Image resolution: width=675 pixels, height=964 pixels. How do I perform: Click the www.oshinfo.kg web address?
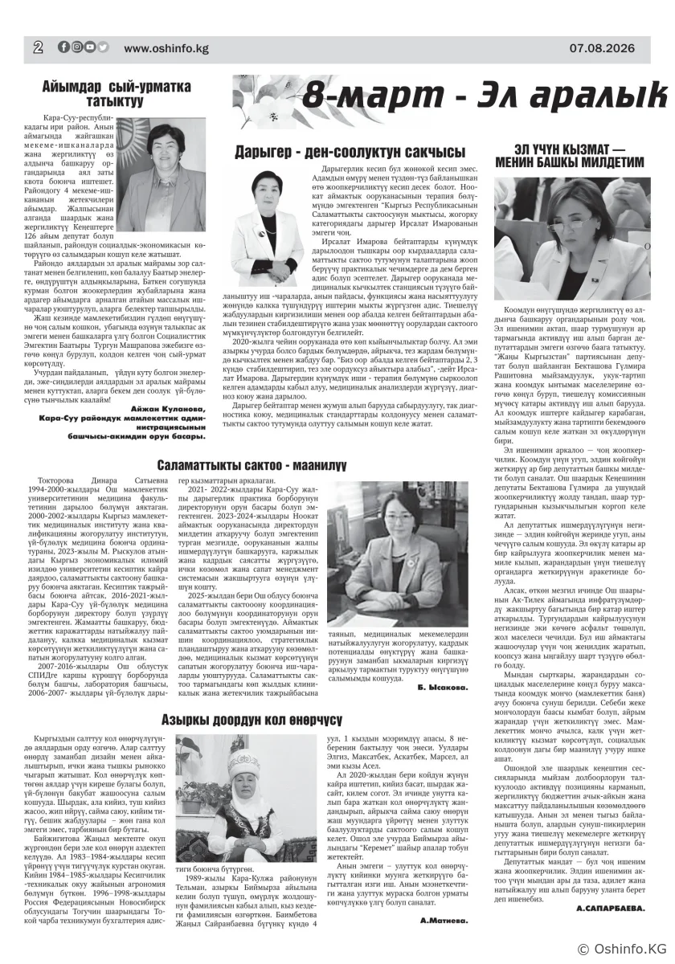point(166,48)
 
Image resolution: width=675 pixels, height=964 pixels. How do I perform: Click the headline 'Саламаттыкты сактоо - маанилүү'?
point(252,464)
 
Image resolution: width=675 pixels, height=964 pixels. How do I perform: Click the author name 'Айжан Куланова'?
point(167,409)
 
